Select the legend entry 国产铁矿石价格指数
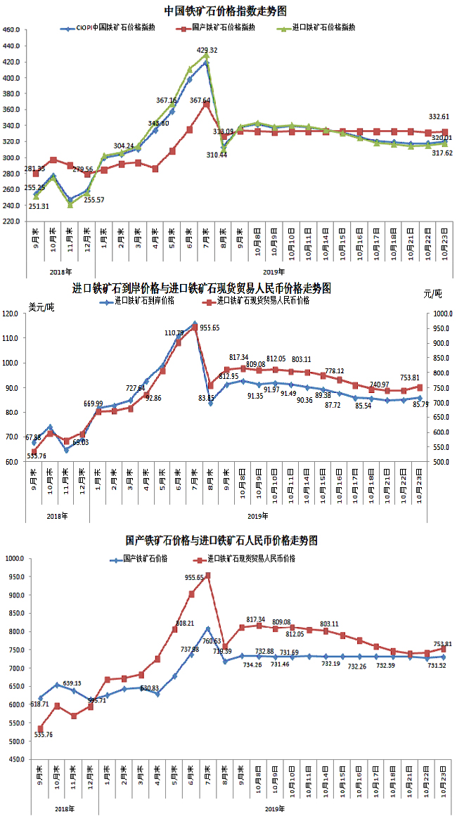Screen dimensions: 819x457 pos(226,27)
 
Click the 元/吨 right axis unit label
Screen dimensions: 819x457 pos(434,293)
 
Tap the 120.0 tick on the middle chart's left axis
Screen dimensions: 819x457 pos(13,314)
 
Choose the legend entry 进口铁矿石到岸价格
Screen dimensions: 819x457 pos(137,301)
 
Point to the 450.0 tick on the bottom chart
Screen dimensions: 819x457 pos(14,759)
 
